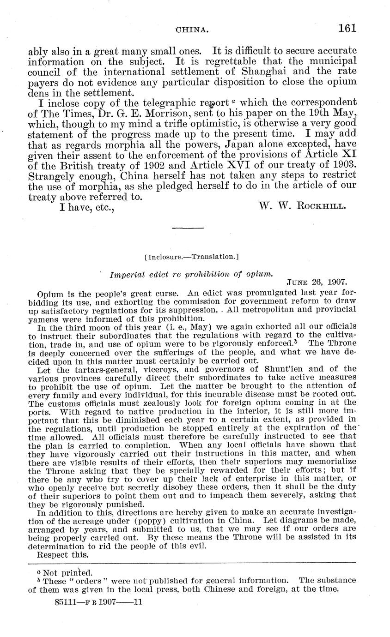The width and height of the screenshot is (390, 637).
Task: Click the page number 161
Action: click(347, 29)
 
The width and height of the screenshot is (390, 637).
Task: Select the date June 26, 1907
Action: click(317, 282)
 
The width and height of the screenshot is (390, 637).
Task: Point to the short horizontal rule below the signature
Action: click(188, 228)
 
